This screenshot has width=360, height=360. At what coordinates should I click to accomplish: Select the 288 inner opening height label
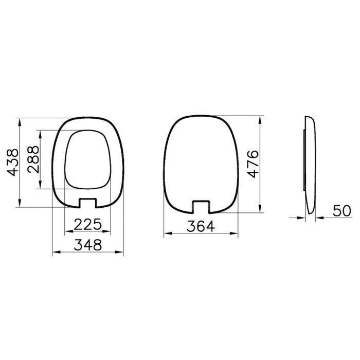(x=33, y=159)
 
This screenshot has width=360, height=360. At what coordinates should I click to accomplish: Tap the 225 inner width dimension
(x=88, y=224)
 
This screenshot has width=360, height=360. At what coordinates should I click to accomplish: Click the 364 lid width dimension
(x=201, y=226)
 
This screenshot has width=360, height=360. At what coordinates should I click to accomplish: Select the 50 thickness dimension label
(x=342, y=210)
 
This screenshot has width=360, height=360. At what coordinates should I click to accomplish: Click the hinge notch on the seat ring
(x=88, y=203)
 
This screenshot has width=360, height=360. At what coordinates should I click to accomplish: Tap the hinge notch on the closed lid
(x=201, y=207)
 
